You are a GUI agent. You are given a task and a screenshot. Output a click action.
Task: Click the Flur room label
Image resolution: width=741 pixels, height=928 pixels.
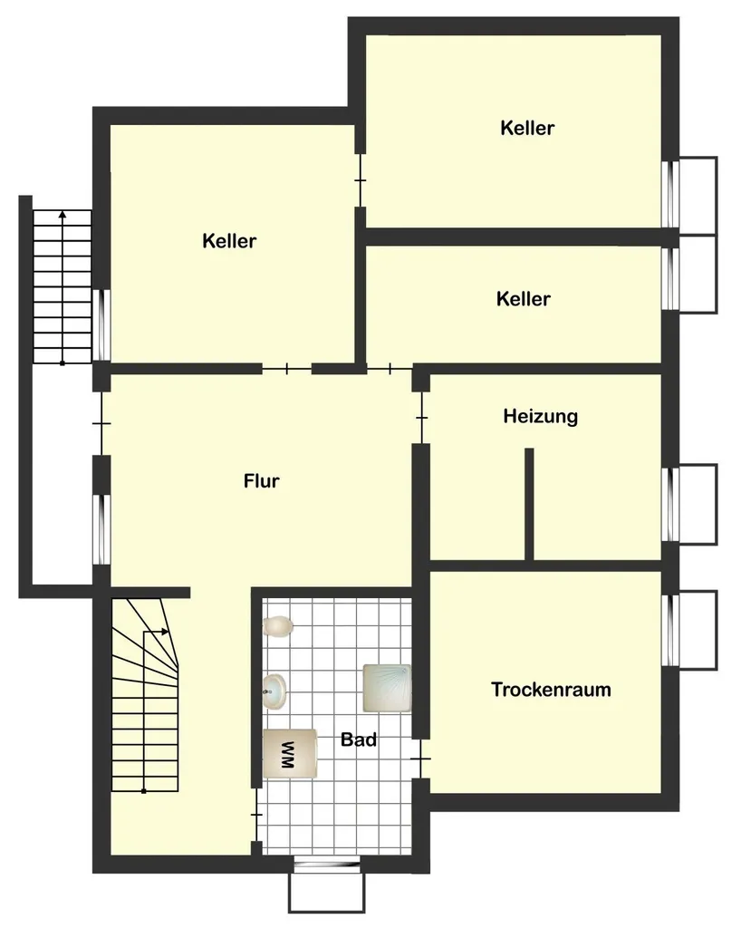click(262, 480)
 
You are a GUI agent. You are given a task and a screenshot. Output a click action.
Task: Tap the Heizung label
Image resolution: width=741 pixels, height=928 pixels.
click(541, 417)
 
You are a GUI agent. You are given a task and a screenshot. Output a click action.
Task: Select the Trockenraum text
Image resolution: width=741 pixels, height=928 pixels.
click(551, 690)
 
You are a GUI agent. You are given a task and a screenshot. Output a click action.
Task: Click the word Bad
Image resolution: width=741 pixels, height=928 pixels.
click(359, 739)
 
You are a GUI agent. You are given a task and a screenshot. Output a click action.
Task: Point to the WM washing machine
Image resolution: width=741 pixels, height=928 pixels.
click(290, 753)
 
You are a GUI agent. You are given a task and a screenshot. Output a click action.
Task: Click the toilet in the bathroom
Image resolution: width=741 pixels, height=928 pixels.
click(278, 626)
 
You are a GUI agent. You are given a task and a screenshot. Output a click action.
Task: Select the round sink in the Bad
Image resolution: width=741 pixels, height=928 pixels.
click(274, 691)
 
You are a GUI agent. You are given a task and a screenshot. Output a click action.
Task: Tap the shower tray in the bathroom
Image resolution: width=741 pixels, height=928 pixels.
click(387, 688)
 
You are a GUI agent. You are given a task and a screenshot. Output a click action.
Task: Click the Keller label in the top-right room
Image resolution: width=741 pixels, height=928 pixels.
click(527, 128)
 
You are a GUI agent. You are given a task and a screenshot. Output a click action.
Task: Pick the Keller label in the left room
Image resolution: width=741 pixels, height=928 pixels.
click(229, 241)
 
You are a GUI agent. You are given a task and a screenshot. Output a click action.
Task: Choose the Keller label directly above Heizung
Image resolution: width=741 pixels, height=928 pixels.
click(524, 299)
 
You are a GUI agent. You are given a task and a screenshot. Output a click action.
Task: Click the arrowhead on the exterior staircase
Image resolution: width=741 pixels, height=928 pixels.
click(63, 214)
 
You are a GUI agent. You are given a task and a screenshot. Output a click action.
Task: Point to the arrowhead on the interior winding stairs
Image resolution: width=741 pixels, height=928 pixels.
click(166, 632)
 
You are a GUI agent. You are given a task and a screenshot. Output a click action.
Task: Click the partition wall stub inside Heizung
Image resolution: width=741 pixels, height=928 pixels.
click(529, 504)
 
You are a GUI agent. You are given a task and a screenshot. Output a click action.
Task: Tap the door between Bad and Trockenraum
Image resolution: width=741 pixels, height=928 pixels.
click(420, 759)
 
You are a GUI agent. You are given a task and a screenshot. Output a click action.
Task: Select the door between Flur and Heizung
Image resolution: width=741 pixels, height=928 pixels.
click(420, 418)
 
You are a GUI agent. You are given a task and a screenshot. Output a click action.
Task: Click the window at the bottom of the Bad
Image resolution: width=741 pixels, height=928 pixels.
click(327, 864)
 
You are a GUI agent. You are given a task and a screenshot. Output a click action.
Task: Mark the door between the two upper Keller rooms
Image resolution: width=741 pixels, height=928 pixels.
click(360, 180)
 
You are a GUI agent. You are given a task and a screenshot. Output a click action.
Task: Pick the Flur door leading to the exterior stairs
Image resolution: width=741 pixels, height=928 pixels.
click(101, 423)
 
